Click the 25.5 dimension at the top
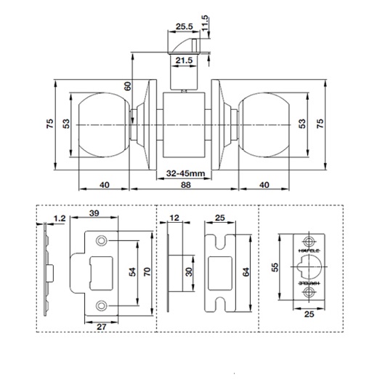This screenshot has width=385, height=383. click(x=185, y=26)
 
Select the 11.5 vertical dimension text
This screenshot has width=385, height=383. click(x=205, y=23)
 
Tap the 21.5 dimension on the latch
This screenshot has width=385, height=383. click(x=185, y=60)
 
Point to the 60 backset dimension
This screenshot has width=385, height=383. click(x=128, y=86)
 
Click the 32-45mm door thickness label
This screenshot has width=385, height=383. click(x=185, y=173)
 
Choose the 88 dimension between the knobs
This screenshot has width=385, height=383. click(x=185, y=185)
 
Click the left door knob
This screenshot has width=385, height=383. click(x=104, y=125)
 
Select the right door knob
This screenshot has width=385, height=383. click(x=264, y=125)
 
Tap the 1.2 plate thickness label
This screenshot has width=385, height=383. click(x=60, y=218)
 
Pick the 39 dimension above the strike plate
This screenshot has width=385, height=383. click(x=94, y=213)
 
